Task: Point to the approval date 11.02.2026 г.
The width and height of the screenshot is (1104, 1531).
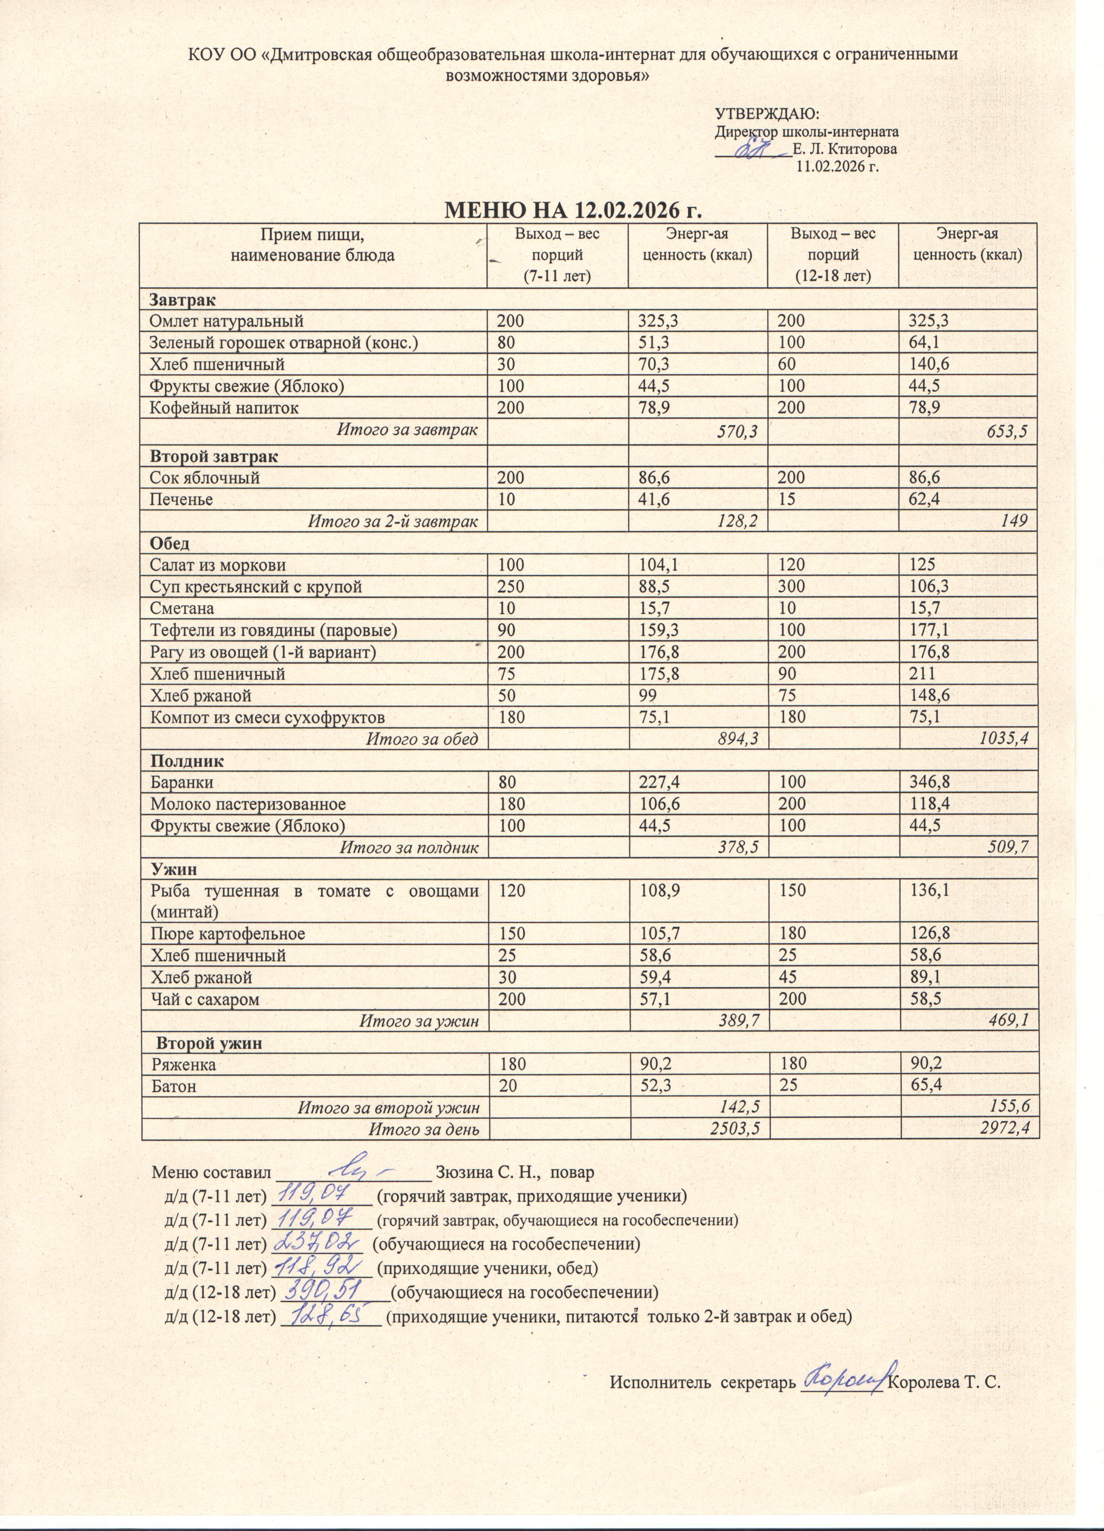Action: (x=837, y=166)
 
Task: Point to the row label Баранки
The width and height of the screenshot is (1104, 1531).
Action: (x=182, y=783)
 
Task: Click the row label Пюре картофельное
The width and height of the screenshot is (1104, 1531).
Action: (x=228, y=934)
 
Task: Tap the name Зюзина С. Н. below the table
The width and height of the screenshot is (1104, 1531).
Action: (x=486, y=1171)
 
